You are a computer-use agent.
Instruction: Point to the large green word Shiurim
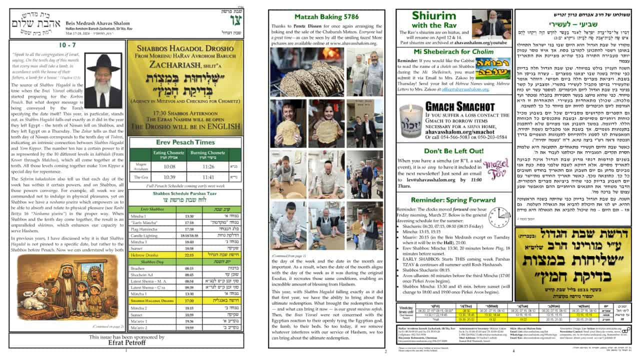[x=433, y=15]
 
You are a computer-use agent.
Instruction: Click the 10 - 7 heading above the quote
[x=67, y=45]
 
